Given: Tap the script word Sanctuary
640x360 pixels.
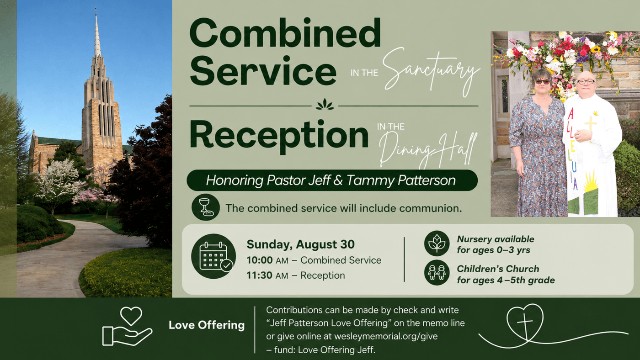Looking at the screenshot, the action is (431, 72).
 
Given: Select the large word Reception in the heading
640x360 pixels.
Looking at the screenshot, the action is (279, 135).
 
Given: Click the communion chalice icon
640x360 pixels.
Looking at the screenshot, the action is (205, 207).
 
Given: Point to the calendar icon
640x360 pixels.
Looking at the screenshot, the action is (213, 256).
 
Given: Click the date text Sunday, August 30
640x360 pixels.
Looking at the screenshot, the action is (301, 244).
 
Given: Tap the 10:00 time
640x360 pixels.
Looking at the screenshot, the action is (260, 260).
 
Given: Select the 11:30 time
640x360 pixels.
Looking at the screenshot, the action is (260, 275).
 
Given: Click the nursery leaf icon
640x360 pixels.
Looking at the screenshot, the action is (437, 243).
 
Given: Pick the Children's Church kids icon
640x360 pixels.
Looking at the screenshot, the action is (437, 273).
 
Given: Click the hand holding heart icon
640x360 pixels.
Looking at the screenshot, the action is (128, 326).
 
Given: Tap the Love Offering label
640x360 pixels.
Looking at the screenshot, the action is (207, 325).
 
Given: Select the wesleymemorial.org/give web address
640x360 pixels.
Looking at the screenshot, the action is (386, 336).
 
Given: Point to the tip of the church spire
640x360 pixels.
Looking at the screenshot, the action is (96, 8).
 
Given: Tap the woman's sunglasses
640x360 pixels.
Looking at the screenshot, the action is (542, 82).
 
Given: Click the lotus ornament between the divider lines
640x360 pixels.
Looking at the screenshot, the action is (325, 105).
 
